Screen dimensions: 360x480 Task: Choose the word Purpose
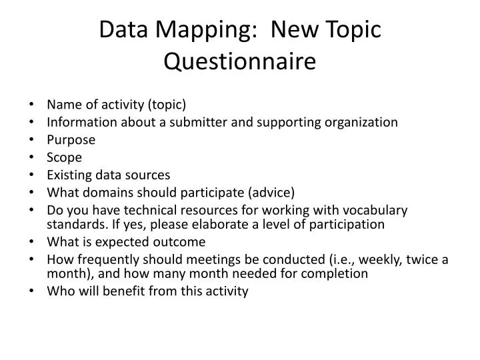point(71,140)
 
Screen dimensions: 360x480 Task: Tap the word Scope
point(65,157)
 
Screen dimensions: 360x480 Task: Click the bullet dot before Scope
point(34,158)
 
